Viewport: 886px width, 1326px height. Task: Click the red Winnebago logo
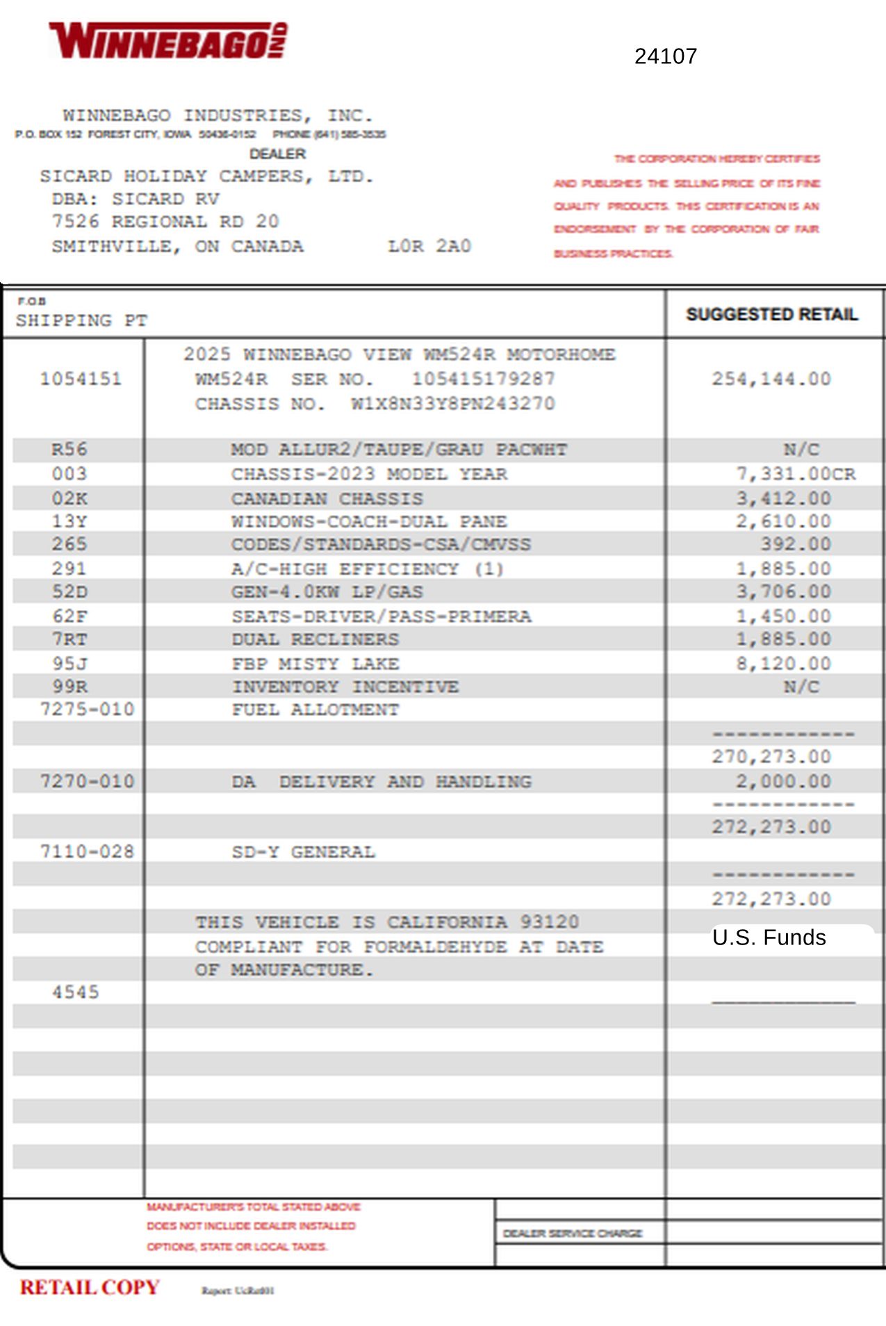pos(167,40)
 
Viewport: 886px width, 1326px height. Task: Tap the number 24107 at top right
pos(665,56)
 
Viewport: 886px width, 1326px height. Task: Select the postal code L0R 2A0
pos(429,246)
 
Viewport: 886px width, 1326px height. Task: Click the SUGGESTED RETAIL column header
pos(771,315)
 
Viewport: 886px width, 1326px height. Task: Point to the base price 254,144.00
pos(771,379)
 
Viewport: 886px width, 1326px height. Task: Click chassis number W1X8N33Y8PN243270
pos(452,404)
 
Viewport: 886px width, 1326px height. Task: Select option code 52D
pos(69,592)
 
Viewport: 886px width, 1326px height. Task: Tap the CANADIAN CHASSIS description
pos(327,499)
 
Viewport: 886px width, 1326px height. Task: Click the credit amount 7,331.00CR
pos(796,474)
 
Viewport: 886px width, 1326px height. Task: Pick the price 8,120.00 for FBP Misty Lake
pos(783,664)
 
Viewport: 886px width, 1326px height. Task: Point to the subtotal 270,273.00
pos(771,757)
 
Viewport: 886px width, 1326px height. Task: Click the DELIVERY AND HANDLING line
pos(405,782)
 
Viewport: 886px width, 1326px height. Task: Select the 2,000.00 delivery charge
pos(783,782)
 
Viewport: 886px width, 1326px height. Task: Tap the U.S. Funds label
pos(769,938)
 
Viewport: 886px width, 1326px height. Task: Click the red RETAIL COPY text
pos(90,1288)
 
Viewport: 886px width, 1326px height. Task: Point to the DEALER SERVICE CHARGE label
pos(572,1234)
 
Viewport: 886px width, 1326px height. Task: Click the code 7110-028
pos(87,852)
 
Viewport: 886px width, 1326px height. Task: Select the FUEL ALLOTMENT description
pos(315,710)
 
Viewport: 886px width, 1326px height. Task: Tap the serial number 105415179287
pos(483,379)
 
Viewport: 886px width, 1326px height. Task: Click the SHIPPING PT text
pos(81,320)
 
